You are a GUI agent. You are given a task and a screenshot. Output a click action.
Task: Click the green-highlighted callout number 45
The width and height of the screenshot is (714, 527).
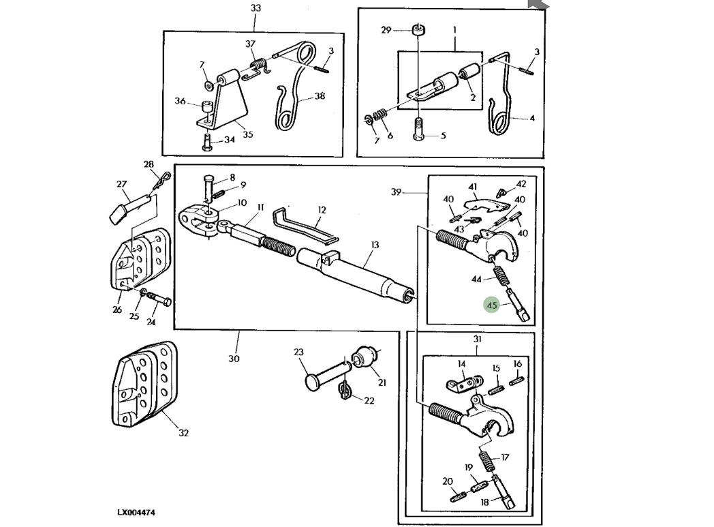[x=492, y=305]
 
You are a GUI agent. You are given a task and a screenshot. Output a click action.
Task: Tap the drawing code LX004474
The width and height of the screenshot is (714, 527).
[x=136, y=512]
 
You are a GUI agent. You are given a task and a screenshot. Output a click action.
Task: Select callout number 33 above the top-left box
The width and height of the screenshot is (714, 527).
[x=255, y=8]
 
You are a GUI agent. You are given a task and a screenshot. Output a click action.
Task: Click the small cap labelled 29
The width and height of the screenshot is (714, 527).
[x=418, y=30]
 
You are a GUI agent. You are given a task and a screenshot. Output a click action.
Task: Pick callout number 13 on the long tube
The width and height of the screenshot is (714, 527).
[x=375, y=245]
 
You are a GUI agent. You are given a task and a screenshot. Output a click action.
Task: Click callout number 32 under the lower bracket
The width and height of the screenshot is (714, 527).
[x=183, y=433]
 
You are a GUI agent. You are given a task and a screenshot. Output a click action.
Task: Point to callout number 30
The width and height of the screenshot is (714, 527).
[x=234, y=359]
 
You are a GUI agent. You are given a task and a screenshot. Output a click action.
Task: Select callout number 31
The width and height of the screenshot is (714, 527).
[x=478, y=340]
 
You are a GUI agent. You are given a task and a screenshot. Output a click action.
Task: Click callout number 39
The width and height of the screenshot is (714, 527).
[x=397, y=192]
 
